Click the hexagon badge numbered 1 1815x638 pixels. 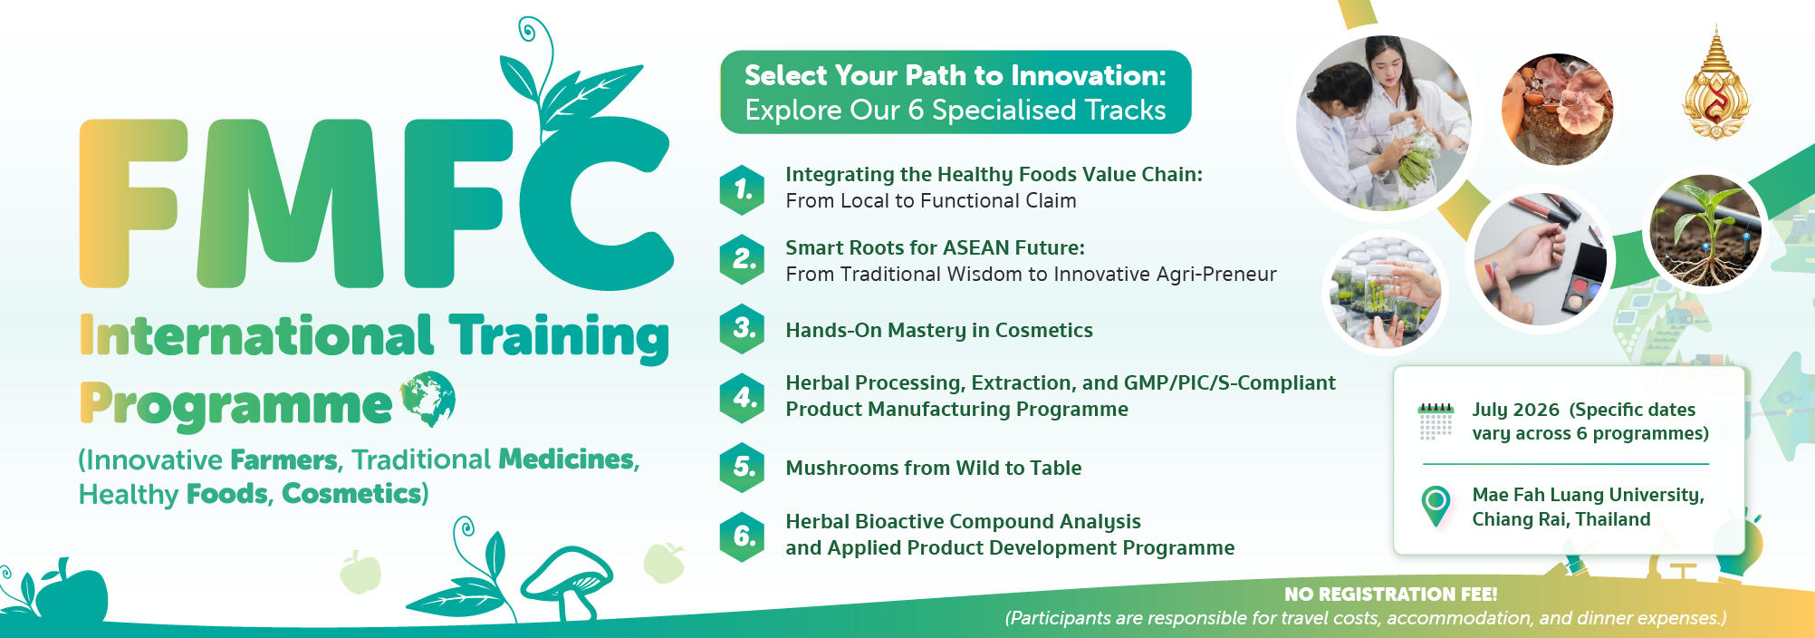pyautogui.click(x=743, y=190)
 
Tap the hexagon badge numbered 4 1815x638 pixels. pyautogui.click(x=743, y=398)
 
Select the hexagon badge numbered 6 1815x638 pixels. pyautogui.click(x=743, y=536)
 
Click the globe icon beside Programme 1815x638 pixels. pyautogui.click(x=427, y=399)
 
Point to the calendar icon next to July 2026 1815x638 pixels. pyautogui.click(x=1436, y=421)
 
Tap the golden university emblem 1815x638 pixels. pyautogui.click(x=1715, y=84)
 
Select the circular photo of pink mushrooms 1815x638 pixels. pyautogui.click(x=1557, y=109)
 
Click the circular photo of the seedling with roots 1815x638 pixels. pyautogui.click(x=1705, y=230)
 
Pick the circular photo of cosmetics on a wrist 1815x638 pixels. pyautogui.click(x=1540, y=259)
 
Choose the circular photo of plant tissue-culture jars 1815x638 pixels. pyautogui.click(x=1385, y=293)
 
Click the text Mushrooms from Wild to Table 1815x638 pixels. pyautogui.click(x=934, y=468)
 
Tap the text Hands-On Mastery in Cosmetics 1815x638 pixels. pyautogui.click(x=939, y=330)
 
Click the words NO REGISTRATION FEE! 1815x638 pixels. pyautogui.click(x=1390, y=594)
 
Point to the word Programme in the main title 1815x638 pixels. pyautogui.click(x=235, y=405)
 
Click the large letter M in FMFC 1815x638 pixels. pyautogui.click(x=290, y=204)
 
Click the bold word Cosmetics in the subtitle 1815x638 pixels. pyautogui.click(x=351, y=494)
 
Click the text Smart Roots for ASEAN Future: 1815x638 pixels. pyautogui.click(x=935, y=247)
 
